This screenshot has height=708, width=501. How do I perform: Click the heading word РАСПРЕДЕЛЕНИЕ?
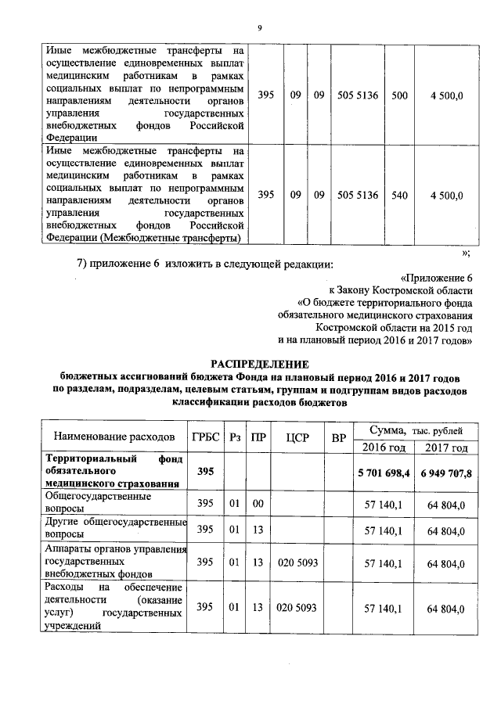262,363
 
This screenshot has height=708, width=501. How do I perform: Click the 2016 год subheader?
384,447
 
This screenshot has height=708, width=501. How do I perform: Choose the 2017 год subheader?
447,447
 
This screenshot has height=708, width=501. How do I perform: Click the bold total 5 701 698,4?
384,473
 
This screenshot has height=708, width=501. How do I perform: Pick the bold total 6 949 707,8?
447,473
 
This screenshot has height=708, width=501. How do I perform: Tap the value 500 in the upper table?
399,95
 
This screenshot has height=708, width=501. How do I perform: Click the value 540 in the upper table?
399,195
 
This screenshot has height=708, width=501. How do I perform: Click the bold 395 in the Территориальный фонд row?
204,472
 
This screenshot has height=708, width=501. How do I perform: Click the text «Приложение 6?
436,278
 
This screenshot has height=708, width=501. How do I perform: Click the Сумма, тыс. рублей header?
415,430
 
